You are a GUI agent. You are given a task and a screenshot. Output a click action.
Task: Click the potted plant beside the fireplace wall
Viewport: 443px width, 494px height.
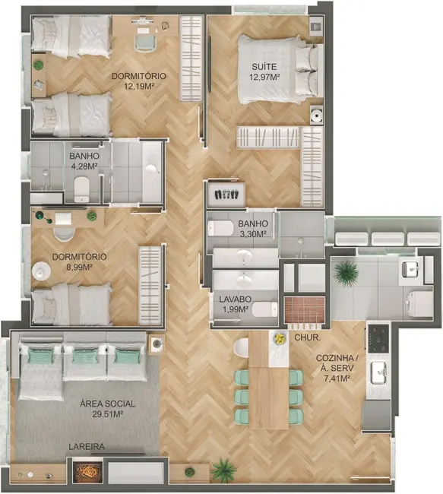223,470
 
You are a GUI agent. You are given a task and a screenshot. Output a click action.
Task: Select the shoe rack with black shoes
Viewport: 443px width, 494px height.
226,194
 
